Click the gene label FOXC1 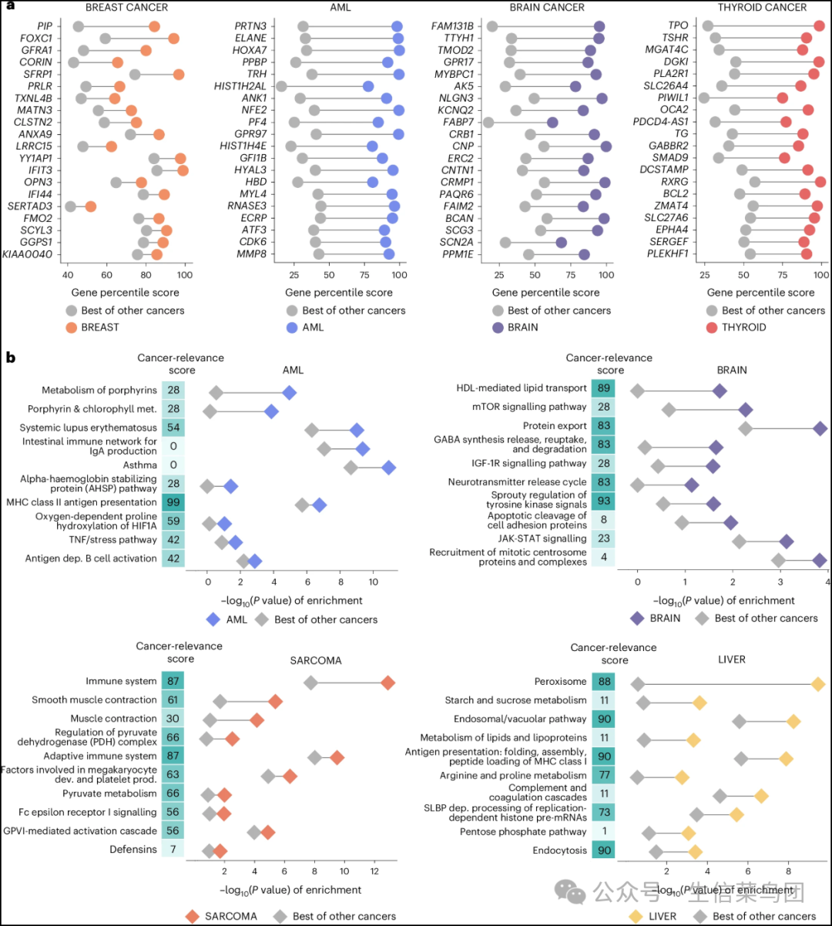(37, 39)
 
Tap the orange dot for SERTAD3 (90, 206)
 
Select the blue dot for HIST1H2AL (368, 86)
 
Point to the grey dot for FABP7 (488, 122)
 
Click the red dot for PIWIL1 (782, 98)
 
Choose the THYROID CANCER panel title (762, 8)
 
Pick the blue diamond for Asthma (389, 467)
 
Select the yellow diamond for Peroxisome (818, 684)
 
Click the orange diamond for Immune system (387, 683)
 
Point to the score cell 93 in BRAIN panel (603, 501)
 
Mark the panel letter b (10, 358)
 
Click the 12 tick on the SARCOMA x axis (374, 871)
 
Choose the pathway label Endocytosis (559, 851)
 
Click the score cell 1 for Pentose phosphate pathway (603, 832)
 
